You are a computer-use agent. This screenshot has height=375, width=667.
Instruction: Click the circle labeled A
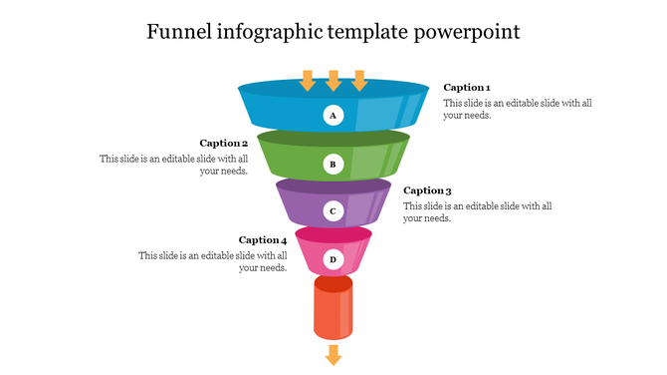click(x=333, y=116)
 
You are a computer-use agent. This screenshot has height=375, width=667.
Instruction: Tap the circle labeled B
click(x=333, y=164)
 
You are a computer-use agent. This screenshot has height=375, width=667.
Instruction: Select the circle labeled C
click(x=333, y=211)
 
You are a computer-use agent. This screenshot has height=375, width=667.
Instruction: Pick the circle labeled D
click(x=333, y=259)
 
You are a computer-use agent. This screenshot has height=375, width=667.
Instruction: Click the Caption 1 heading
click(x=467, y=88)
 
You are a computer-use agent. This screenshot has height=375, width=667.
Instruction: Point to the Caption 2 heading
click(x=224, y=144)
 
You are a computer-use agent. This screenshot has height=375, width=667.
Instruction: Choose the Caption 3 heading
click(x=427, y=190)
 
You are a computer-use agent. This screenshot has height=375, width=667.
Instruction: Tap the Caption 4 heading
click(x=263, y=240)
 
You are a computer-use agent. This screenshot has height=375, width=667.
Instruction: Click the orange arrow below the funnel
click(x=333, y=355)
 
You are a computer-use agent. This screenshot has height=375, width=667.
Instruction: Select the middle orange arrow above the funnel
click(x=333, y=80)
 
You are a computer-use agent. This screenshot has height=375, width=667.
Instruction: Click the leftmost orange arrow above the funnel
click(x=308, y=80)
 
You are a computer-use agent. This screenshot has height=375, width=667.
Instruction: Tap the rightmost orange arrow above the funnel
click(x=359, y=80)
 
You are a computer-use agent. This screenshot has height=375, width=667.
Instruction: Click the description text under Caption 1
click(x=493, y=109)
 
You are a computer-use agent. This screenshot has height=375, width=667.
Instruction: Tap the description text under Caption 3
click(x=477, y=211)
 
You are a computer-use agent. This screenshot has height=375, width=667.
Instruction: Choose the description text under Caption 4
click(x=213, y=261)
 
